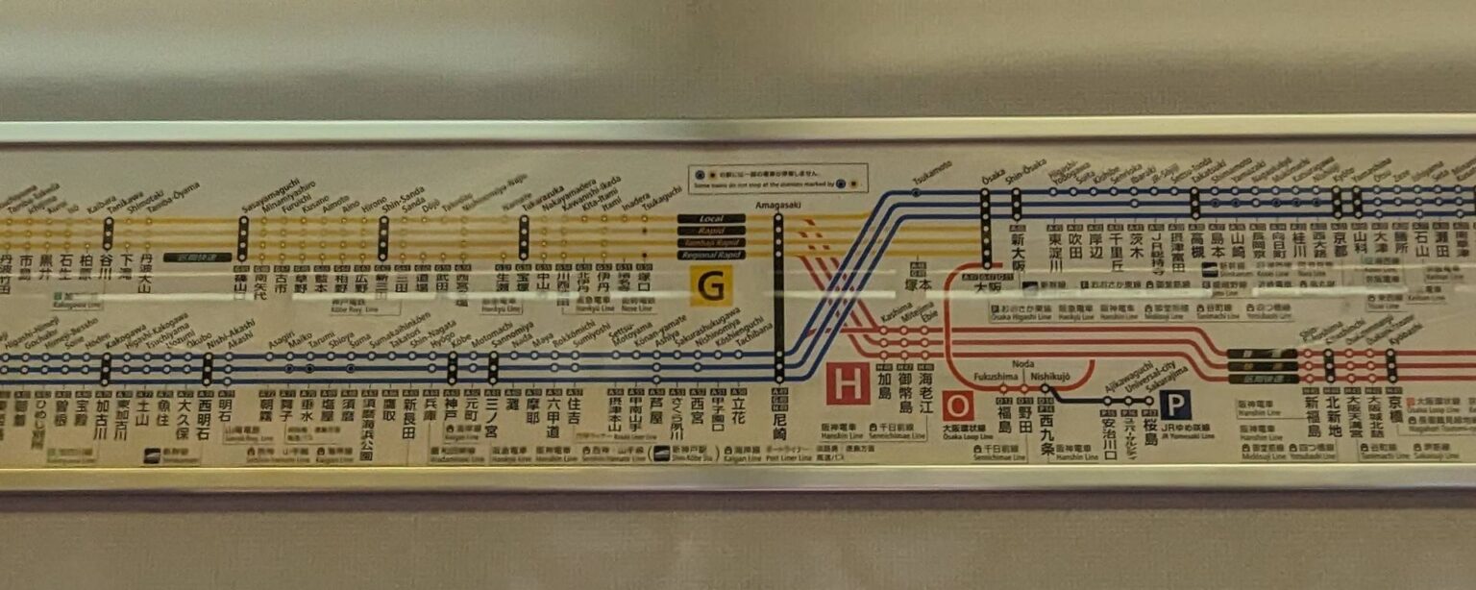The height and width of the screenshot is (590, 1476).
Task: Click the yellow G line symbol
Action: point(711,286)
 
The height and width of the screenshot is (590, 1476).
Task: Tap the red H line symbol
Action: point(848,383)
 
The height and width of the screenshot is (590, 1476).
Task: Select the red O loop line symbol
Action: point(958,406)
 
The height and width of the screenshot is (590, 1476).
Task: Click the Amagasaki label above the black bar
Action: point(778,205)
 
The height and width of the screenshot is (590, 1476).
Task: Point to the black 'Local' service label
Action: point(710,219)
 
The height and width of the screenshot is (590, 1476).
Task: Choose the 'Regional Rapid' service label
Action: point(710,255)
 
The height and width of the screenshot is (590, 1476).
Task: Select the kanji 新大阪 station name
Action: point(1018,246)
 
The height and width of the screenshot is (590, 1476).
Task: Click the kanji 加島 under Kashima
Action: point(885,397)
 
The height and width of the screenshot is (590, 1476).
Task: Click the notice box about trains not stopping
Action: point(777,179)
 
